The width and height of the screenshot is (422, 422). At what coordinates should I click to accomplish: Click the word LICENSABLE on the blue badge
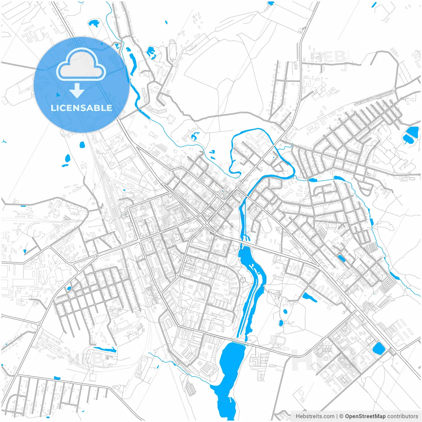click(x=81, y=108)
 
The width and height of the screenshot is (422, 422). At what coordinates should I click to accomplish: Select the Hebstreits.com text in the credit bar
click(x=315, y=416)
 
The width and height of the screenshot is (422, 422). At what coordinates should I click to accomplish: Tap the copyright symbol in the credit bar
click(x=342, y=416)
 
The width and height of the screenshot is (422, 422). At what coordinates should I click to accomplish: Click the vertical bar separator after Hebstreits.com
click(x=337, y=416)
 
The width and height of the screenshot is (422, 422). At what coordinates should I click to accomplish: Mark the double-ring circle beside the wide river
click(x=243, y=280)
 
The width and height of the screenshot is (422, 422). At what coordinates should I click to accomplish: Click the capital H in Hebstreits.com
click(x=298, y=416)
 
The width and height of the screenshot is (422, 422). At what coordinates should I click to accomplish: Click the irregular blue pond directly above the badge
click(x=94, y=23)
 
